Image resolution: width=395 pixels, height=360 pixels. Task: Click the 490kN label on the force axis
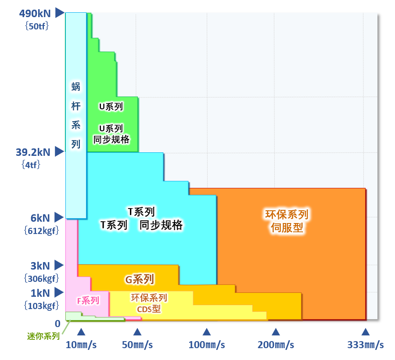(x=35, y=13)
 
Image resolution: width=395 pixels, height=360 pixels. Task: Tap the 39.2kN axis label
(x=33, y=152)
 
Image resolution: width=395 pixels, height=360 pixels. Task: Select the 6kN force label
(x=40, y=218)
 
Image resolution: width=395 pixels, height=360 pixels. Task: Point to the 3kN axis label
(x=40, y=266)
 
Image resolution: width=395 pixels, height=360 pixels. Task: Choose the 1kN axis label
(x=40, y=293)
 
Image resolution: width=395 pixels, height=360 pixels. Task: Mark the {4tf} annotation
(x=31, y=165)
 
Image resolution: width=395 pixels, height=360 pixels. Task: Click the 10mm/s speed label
(x=81, y=345)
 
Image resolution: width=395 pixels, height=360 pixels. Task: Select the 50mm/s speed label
(x=137, y=345)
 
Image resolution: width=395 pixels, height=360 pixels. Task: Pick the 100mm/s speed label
(x=207, y=345)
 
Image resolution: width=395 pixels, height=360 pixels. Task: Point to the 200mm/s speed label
(x=276, y=345)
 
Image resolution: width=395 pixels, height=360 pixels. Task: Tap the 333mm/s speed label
(x=365, y=345)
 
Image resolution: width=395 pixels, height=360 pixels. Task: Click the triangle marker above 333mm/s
(x=365, y=332)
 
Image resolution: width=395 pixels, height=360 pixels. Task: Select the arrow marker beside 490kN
(x=59, y=13)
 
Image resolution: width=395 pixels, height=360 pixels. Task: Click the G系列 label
(x=140, y=279)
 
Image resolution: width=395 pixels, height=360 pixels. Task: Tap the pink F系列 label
(x=88, y=301)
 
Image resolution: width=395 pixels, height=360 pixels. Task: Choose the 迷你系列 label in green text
(x=43, y=336)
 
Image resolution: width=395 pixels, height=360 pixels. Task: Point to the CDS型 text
(x=149, y=309)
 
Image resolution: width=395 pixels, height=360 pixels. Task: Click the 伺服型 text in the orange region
(x=287, y=228)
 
